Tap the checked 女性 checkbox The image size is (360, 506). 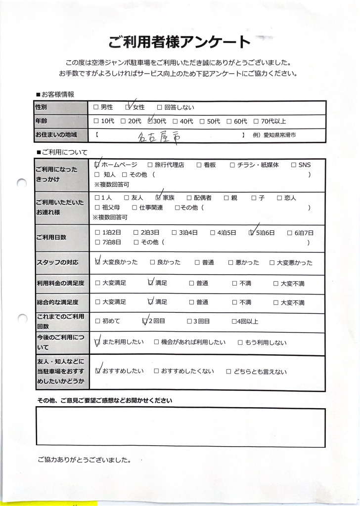(128, 107)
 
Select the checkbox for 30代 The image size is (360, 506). (151, 121)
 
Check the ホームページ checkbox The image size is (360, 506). (97, 165)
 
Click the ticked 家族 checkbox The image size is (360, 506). (159, 198)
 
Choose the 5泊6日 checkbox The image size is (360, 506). (252, 233)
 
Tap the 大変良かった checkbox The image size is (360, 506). (97, 262)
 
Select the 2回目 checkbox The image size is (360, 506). (145, 321)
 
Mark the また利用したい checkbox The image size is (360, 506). (97, 342)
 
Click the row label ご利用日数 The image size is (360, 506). (51, 237)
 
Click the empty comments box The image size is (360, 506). (180, 427)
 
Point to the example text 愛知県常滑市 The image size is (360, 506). (280, 135)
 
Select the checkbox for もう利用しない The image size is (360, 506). (240, 342)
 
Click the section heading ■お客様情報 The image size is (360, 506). (55, 94)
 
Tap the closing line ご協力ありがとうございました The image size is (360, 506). (84, 460)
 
